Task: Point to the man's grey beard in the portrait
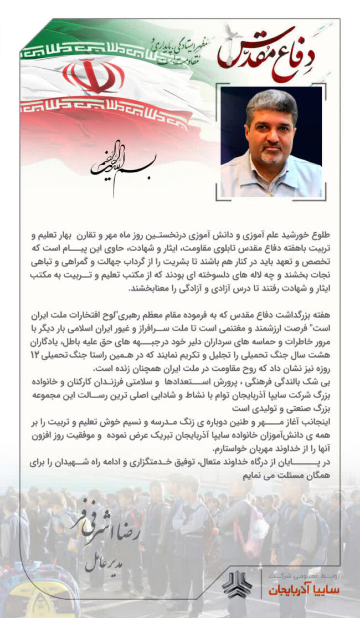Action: tap(271, 157)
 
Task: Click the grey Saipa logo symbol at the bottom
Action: tap(236, 585)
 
